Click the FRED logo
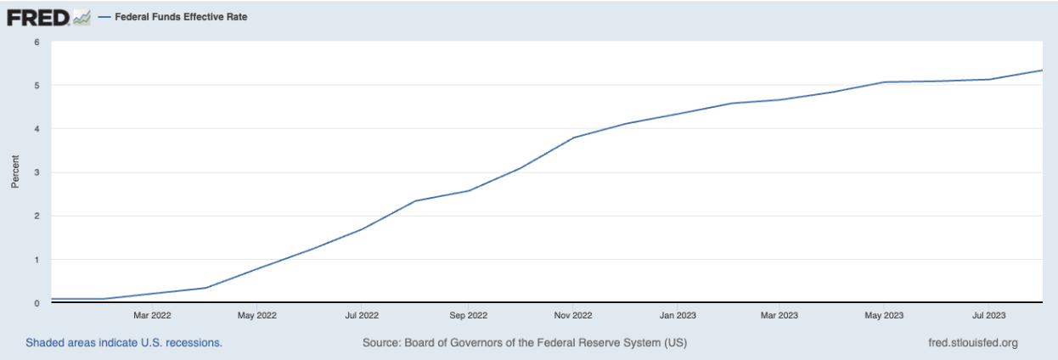point(38,17)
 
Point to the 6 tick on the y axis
point(37,42)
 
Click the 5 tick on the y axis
point(37,86)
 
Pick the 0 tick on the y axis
point(37,303)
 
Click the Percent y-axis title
point(14,172)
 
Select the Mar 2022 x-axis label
point(153,316)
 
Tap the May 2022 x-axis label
point(256,316)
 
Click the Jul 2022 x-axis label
point(362,316)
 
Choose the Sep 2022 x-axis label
point(467,316)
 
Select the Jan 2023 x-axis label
point(677,316)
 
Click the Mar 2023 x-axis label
point(779,316)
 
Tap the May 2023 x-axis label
point(884,316)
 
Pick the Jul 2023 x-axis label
point(988,316)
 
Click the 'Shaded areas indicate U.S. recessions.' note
point(124,343)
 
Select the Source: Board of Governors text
point(524,343)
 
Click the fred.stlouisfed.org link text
point(974,343)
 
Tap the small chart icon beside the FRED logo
point(82,17)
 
